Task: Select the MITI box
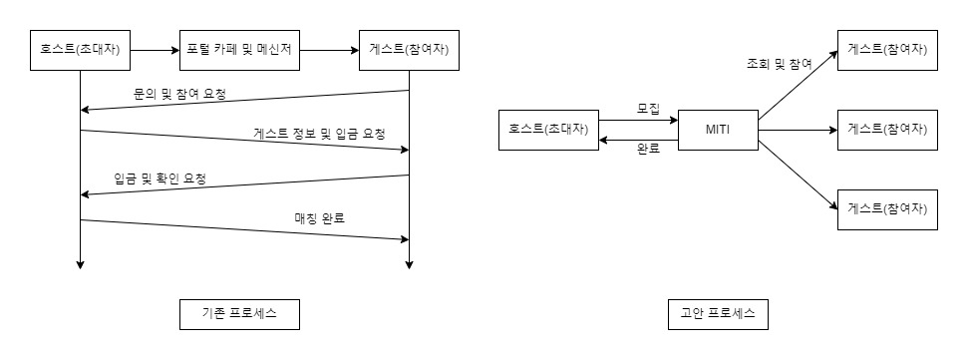pyautogui.click(x=717, y=129)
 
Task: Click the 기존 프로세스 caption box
pyautogui.click(x=239, y=314)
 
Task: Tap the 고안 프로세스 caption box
pyautogui.click(x=717, y=314)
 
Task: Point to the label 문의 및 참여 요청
pyautogui.click(x=180, y=94)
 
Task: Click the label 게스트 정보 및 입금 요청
pyautogui.click(x=319, y=133)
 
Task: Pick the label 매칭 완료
pyautogui.click(x=320, y=216)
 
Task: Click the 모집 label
pyautogui.click(x=648, y=109)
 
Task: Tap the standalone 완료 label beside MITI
pyautogui.click(x=648, y=151)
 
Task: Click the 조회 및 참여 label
pyautogui.click(x=780, y=63)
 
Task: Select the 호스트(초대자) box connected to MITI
pyautogui.click(x=549, y=129)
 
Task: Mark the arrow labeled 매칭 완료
pyautogui.click(x=244, y=229)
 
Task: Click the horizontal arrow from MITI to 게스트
pyautogui.click(x=797, y=129)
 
